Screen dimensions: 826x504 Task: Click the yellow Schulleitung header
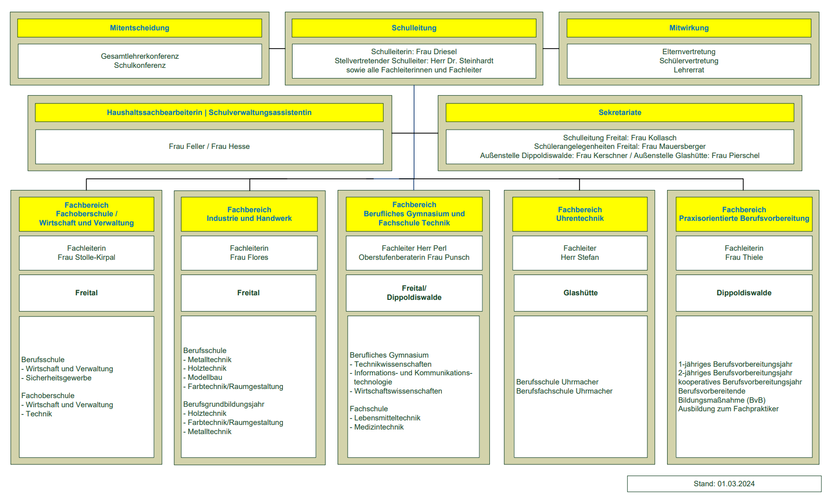(414, 28)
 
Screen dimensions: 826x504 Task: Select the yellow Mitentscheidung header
(140, 28)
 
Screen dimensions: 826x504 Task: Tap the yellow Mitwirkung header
(689, 28)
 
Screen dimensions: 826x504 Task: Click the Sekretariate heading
(620, 112)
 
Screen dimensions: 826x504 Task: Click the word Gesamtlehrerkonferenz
(140, 56)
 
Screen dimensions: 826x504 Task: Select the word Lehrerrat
(689, 70)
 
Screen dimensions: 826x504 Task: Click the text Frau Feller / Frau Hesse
(209, 146)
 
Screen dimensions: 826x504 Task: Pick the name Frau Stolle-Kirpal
(86, 257)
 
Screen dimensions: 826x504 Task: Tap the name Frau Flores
(249, 257)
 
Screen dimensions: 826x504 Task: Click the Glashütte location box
(581, 293)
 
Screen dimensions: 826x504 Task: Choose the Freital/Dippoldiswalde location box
(414, 293)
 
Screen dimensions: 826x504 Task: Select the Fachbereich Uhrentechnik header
(580, 214)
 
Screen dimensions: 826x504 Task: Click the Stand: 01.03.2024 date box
(724, 484)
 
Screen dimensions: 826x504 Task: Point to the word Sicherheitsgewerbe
(59, 378)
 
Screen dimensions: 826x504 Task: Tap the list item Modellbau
(205, 377)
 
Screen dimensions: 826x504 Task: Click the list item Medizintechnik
(379, 427)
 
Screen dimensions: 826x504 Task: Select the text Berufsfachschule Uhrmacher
(564, 391)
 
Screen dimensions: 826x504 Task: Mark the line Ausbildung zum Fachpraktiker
(728, 409)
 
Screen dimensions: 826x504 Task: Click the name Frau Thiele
(744, 257)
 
